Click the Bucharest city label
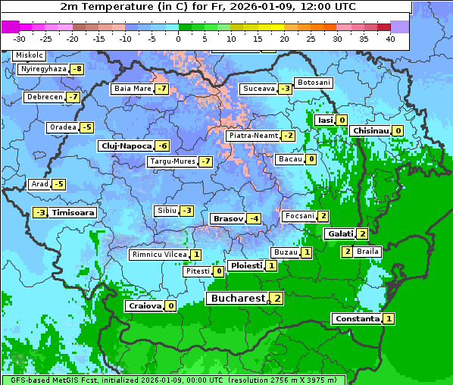pos(237,299)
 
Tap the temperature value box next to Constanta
pos(389,319)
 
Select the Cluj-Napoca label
pos(125,146)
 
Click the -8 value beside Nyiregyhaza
pos(77,69)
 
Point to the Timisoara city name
pos(73,213)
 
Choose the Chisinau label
pos(370,130)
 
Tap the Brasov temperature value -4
pos(254,219)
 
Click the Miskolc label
pos(30,56)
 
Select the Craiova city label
pos(145,306)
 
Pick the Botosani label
pos(313,83)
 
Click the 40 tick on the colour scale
pos(390,39)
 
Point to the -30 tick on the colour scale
pos(20,39)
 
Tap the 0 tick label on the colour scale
pos(179,39)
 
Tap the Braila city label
pos(367,251)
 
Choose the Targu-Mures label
pos(171,161)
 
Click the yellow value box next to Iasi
pos(342,120)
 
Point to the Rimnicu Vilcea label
pos(158,255)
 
